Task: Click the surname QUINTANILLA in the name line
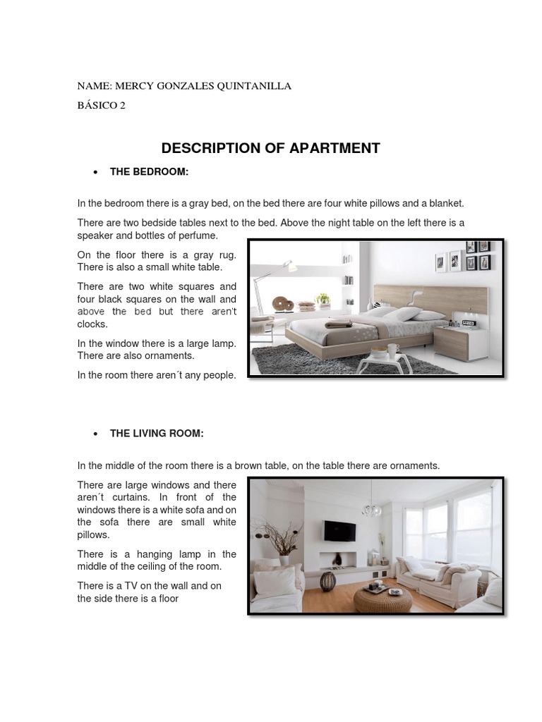click(254, 86)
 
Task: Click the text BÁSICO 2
click(101, 106)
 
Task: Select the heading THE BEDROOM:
click(149, 172)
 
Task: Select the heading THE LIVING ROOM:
click(157, 434)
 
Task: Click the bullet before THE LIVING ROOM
click(95, 434)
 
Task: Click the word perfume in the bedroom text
click(200, 235)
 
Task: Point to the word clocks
click(92, 324)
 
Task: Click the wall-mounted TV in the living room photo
click(336, 530)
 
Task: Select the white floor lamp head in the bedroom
click(288, 267)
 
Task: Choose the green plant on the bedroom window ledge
click(323, 298)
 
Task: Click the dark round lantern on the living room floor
click(328, 582)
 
